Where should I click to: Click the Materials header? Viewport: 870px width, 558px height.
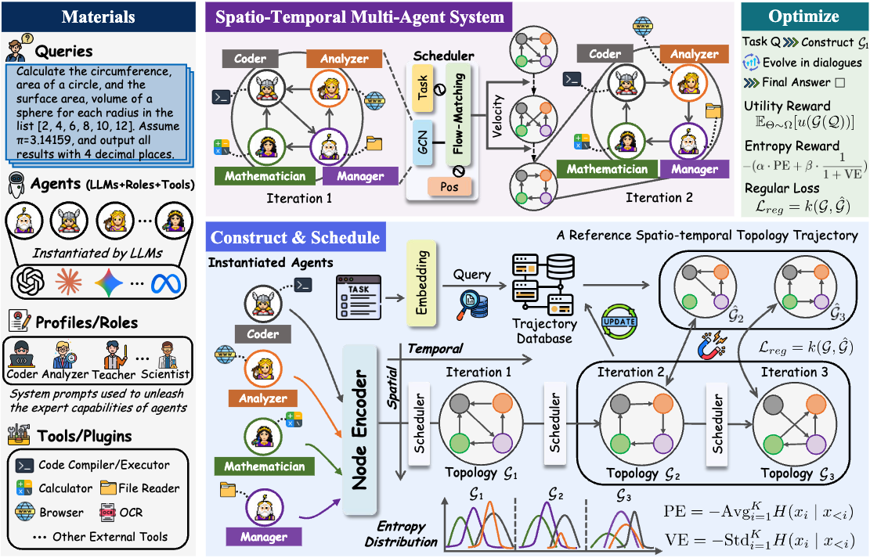coord(98,16)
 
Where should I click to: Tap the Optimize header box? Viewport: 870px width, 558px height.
coord(803,16)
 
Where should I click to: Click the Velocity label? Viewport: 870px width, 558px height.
coord(496,115)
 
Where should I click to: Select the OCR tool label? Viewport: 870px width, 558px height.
coord(132,513)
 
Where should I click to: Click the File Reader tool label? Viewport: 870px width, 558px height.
coord(149,488)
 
